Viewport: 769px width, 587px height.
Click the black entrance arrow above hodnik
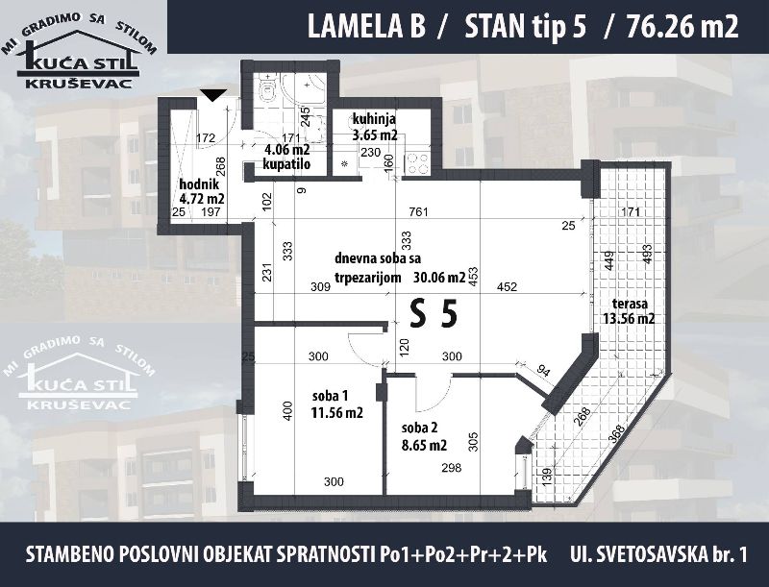point(213,94)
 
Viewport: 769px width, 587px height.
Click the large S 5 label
point(434,314)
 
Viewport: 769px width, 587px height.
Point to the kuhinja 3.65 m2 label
point(374,127)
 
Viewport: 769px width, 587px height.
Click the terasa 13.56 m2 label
point(629,311)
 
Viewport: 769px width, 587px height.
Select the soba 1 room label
point(337,404)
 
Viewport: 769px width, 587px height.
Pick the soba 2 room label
point(424,436)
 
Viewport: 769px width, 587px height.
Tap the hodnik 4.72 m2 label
point(202,191)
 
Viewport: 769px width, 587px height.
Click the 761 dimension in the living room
point(418,212)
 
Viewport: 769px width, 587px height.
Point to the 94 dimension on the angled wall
point(543,371)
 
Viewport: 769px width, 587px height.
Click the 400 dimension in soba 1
point(287,410)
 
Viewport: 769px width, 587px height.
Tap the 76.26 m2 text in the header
point(682,27)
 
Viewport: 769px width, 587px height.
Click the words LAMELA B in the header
point(366,27)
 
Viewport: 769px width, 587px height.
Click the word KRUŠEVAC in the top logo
point(79,84)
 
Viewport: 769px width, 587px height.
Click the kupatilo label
point(286,164)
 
